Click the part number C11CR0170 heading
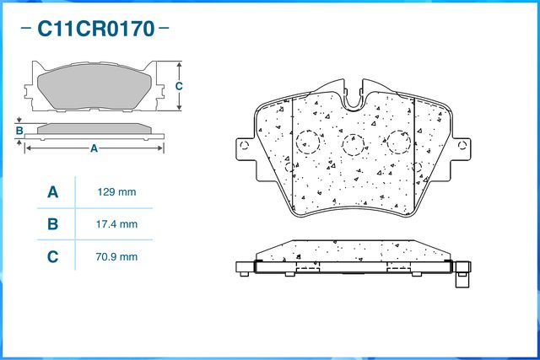(x=94, y=30)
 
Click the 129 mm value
(x=117, y=192)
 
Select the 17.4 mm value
(x=117, y=224)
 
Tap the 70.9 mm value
(x=117, y=256)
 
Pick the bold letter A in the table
(x=52, y=192)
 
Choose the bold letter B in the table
(x=52, y=224)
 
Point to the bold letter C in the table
(x=52, y=256)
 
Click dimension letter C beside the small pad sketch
(x=179, y=86)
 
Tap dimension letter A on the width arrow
(x=94, y=148)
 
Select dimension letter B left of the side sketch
(x=19, y=130)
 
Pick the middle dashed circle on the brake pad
(x=355, y=145)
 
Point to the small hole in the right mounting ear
(x=463, y=145)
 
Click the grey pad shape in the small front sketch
(x=94, y=86)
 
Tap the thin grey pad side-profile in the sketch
(x=94, y=128)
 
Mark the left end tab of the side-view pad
(x=244, y=268)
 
